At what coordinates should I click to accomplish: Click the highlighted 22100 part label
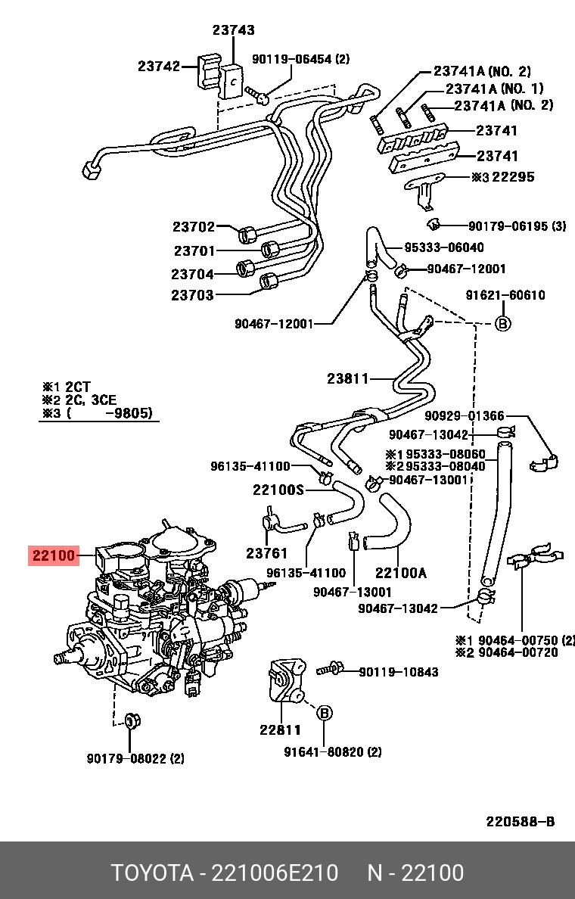54,556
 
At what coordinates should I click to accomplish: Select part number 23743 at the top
233,30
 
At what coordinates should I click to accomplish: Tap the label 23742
159,66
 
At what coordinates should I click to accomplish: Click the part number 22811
280,730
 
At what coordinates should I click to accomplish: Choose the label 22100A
400,573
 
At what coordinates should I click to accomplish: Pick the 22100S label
278,490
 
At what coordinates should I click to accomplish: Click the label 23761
267,553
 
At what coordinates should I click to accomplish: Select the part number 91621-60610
505,295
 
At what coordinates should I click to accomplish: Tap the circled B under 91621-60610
503,323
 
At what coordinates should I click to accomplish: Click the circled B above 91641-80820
324,713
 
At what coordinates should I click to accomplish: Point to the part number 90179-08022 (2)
135,757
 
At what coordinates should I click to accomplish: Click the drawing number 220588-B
521,822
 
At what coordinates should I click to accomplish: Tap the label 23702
194,226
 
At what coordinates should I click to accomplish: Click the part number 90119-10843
398,672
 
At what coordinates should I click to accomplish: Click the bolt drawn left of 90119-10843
331,668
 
